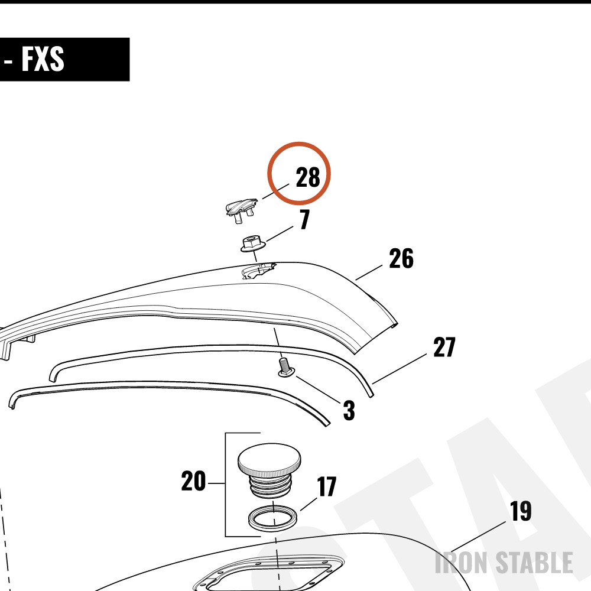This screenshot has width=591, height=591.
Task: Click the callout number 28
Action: (x=308, y=177)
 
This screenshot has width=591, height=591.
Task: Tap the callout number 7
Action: (x=304, y=219)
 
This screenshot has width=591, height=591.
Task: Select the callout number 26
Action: (x=401, y=259)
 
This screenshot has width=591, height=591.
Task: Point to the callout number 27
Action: (x=444, y=347)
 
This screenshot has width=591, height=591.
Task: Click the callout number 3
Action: (x=349, y=411)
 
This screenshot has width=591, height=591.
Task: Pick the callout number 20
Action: (x=193, y=481)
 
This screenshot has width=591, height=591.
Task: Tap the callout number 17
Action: (x=326, y=486)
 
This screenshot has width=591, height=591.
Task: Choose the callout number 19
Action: (x=521, y=511)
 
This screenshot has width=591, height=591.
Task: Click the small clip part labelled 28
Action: (x=241, y=210)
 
